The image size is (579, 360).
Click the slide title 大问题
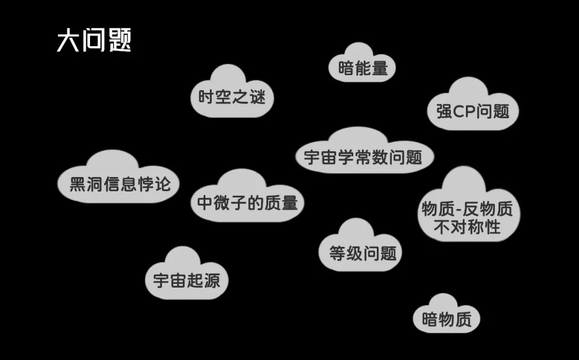click(94, 41)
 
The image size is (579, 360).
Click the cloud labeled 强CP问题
click(473, 111)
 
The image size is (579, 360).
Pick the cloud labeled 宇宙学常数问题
click(364, 157)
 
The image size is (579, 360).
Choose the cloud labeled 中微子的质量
click(247, 203)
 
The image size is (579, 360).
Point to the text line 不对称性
click(467, 227)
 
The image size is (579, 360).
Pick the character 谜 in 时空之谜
click(257, 98)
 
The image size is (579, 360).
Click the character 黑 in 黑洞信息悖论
click(78, 184)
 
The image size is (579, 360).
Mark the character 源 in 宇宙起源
click(211, 280)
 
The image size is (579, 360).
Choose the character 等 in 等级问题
click(338, 252)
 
